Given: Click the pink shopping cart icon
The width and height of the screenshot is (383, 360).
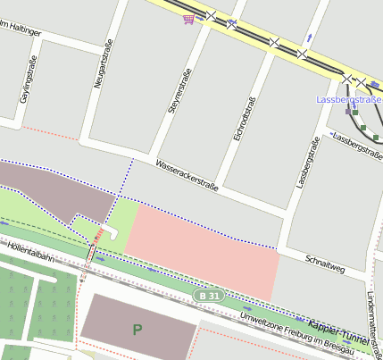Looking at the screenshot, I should coord(188,17).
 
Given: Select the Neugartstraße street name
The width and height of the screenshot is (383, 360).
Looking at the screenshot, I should coord(99,69).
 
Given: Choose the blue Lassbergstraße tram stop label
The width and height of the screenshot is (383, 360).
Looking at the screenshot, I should coord(349,100).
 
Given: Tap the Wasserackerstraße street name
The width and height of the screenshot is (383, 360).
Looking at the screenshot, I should coord(187,175).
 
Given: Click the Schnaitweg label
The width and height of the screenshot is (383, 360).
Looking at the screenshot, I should coord(324,260).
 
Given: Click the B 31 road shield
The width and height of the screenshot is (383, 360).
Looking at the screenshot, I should coord(208,295).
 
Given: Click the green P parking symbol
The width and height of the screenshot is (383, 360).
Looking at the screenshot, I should coord(137,330).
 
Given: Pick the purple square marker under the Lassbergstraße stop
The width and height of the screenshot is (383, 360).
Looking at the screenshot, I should coord(348,112).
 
